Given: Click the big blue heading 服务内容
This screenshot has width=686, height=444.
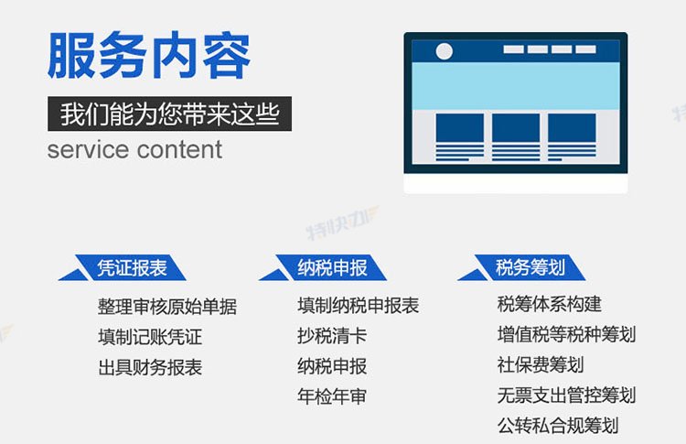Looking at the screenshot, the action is click(x=149, y=55).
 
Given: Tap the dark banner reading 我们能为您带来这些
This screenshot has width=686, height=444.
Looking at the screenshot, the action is click(x=170, y=114).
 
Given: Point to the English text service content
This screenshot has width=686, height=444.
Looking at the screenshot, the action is click(x=134, y=150).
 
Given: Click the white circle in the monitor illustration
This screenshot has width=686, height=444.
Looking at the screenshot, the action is click(x=444, y=51).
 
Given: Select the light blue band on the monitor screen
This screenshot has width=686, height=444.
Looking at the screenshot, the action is click(x=515, y=86).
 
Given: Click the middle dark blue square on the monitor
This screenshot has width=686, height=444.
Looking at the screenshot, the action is click(x=516, y=127).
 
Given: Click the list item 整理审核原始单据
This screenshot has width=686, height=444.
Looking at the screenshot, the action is click(x=167, y=307).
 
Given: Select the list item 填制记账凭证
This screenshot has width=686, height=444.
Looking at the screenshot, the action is click(x=150, y=337).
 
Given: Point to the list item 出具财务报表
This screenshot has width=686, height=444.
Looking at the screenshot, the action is click(x=150, y=367).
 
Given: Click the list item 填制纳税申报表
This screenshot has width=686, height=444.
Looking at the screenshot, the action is click(x=359, y=306).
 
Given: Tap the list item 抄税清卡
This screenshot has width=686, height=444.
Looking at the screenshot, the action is click(x=332, y=336).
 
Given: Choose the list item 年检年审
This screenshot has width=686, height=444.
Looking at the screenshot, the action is click(x=332, y=396).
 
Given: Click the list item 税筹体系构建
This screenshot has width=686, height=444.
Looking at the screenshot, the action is click(x=550, y=304).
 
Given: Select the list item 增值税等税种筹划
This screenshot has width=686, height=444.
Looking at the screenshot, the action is click(x=566, y=334).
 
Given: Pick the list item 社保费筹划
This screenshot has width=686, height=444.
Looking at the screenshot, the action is click(x=541, y=364).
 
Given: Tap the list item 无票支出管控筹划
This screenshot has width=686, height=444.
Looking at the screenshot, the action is click(x=566, y=395).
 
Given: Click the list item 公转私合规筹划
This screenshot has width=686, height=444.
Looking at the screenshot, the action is click(x=558, y=425).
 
